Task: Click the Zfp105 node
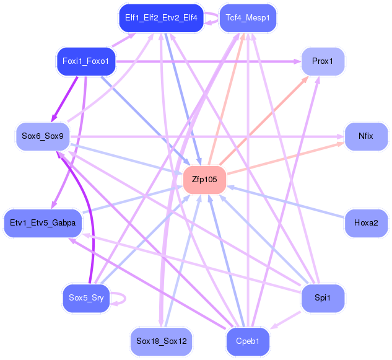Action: pyautogui.click(x=205, y=180)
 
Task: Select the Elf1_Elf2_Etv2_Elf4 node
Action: pyautogui.click(x=161, y=18)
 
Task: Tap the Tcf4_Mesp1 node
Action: pyautogui.click(x=248, y=18)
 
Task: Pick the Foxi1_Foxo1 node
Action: pyautogui.click(x=86, y=61)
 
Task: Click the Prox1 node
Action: pyautogui.click(x=323, y=61)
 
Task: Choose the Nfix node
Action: pyautogui.click(x=366, y=136)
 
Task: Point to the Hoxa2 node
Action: pyautogui.click(x=366, y=223)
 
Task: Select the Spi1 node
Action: pyautogui.click(x=323, y=298)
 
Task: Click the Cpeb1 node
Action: pyautogui.click(x=248, y=341)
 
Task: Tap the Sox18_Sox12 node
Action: pyautogui.click(x=161, y=341)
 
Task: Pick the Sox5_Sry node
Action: pyautogui.click(x=86, y=298)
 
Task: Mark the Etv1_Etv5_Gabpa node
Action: pyautogui.click(x=43, y=223)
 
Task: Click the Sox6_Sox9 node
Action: pyautogui.click(x=43, y=136)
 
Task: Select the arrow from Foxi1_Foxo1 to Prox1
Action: pyautogui.click(x=208, y=61)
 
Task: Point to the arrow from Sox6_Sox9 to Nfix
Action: pyautogui.click(x=207, y=136)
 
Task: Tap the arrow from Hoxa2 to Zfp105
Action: pyautogui.click(x=285, y=201)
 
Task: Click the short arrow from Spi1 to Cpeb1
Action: pyautogui.click(x=285, y=320)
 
